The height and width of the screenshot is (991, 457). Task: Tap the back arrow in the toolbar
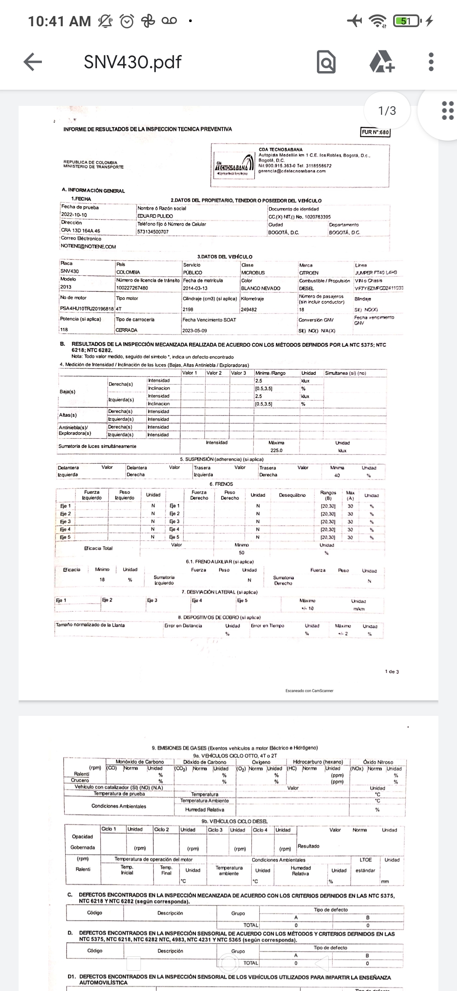33,62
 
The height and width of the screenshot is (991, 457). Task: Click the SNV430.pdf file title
132,62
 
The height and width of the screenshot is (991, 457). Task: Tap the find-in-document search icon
326,62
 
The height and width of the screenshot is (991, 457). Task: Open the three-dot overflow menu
431,62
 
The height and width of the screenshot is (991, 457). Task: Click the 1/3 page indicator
387,111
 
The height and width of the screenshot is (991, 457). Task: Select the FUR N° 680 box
375,132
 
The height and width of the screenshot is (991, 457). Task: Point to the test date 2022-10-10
74,215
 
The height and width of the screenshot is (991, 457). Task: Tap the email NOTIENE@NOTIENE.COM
88,246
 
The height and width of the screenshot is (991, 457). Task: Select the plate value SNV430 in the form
69,271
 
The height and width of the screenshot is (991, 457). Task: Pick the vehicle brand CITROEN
309,273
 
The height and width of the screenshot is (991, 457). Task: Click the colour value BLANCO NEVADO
261,288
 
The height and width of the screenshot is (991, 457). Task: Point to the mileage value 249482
249,310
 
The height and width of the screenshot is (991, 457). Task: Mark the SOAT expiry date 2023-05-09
195,330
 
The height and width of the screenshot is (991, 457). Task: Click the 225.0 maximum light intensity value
276,451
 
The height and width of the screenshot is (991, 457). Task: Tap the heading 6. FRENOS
221,484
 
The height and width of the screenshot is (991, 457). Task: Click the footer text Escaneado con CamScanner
309,691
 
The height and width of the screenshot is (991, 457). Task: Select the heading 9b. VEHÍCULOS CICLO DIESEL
234,821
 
